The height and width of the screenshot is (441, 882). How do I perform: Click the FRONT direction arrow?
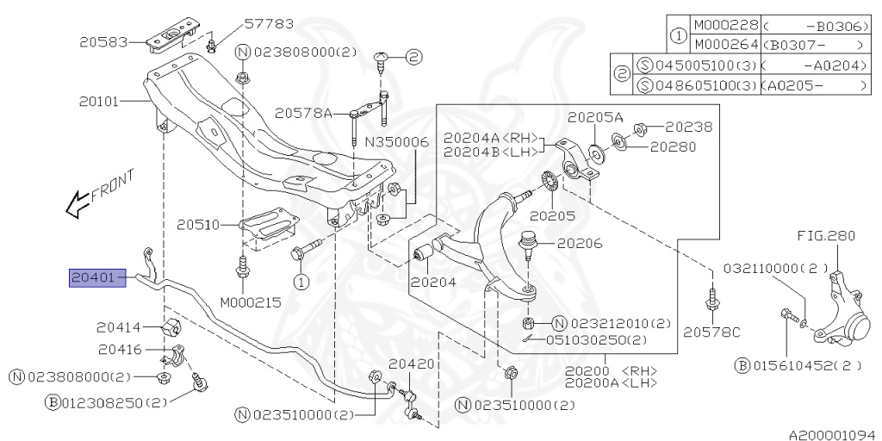pyautogui.click(x=99, y=195)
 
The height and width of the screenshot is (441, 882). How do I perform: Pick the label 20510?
pyautogui.click(x=199, y=226)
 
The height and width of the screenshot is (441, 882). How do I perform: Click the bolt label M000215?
pyautogui.click(x=250, y=302)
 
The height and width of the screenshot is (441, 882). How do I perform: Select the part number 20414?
pyautogui.click(x=119, y=327)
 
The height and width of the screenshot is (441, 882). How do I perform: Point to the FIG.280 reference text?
pyautogui.click(x=815, y=234)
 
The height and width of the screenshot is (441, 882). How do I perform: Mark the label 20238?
pyautogui.click(x=688, y=127)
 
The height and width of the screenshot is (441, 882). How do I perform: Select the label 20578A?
pyautogui.click(x=303, y=113)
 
